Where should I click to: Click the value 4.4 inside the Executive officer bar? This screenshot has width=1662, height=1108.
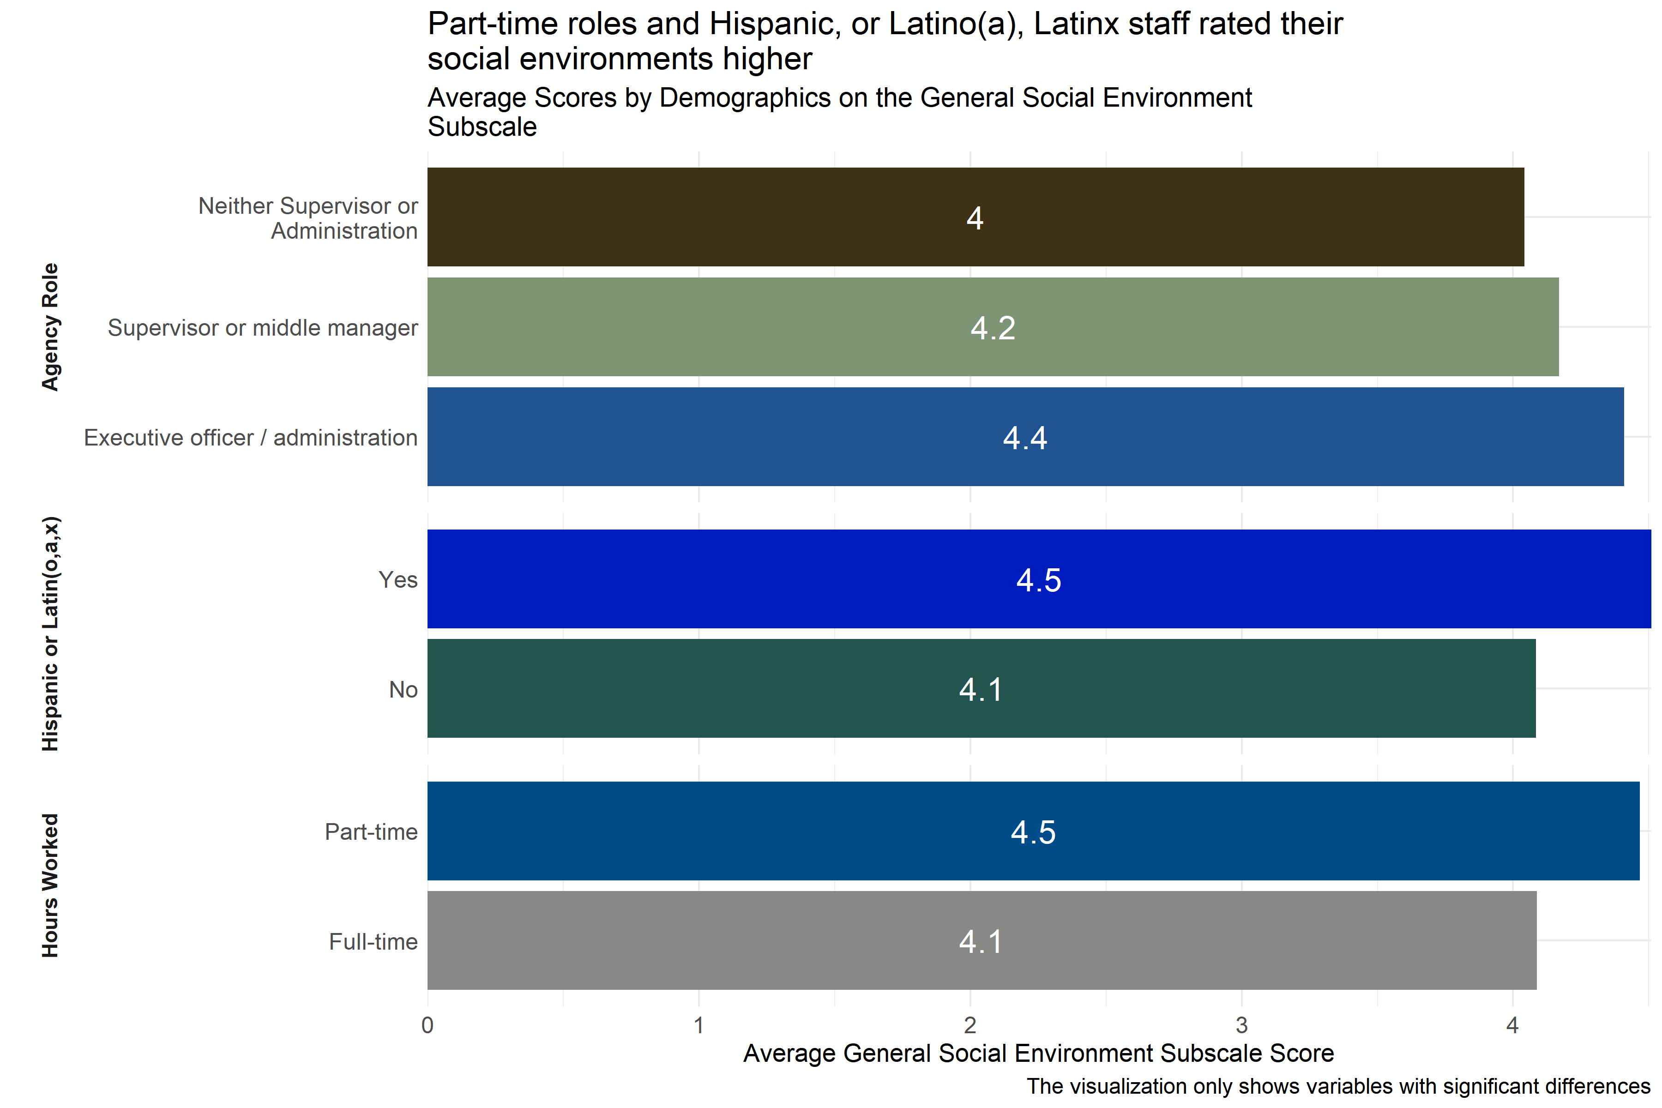[x=1024, y=438]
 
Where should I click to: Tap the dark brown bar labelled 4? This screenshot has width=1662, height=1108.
[x=707, y=217]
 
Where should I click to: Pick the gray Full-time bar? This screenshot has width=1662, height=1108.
[x=707, y=940]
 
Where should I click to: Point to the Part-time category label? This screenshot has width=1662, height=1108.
[x=371, y=832]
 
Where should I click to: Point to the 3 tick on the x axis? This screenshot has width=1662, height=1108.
[x=1241, y=1025]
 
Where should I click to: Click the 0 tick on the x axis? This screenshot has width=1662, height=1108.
[x=428, y=1025]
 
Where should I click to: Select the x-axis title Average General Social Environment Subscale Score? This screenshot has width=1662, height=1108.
[x=1038, y=1053]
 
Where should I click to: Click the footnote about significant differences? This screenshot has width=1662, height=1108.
[x=1337, y=1086]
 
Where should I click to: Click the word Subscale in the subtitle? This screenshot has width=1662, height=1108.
[x=482, y=127]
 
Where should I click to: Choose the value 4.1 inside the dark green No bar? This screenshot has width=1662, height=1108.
[x=981, y=690]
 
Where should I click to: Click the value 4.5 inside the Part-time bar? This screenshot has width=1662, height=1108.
[x=1033, y=832]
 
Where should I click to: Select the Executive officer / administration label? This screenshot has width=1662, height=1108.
[x=251, y=438]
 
